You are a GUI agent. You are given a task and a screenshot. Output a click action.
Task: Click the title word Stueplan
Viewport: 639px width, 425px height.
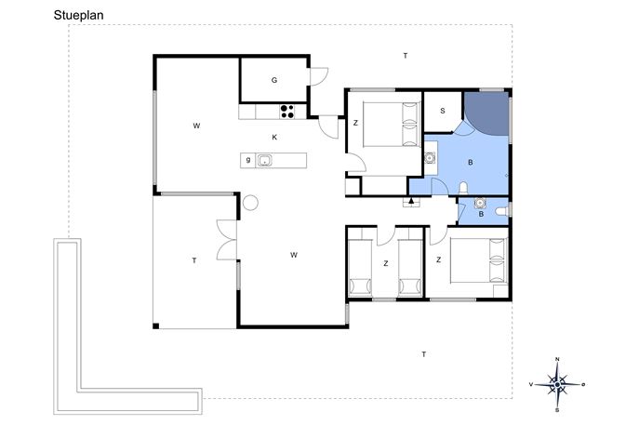click(x=79, y=16)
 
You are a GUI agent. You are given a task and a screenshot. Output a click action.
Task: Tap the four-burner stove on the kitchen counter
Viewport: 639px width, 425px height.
click(x=287, y=112)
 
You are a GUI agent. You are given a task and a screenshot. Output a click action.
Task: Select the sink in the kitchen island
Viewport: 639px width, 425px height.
click(x=264, y=161)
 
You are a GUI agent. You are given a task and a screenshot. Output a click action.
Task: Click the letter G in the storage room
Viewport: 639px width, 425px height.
click(x=274, y=80)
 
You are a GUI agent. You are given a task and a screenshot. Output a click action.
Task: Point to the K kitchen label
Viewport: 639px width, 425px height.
click(x=274, y=138)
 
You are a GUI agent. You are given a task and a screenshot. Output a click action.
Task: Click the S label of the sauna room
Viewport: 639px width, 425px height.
click(x=443, y=111)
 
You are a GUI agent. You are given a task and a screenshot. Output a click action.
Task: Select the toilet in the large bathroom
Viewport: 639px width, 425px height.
click(x=463, y=188)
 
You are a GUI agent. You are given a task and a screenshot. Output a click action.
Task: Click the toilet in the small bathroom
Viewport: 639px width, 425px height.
click(x=502, y=211)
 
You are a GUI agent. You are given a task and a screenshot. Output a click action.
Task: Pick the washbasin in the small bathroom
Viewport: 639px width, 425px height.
click(x=481, y=203)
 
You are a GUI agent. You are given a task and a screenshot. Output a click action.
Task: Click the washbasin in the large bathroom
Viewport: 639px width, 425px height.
click(x=430, y=157)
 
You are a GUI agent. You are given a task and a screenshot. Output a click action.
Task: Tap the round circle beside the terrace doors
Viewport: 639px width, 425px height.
click(x=250, y=203)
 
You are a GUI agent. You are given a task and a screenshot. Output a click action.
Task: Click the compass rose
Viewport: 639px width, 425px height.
click(x=557, y=384)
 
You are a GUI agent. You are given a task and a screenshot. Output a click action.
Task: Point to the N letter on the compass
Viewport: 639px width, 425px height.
click(x=557, y=359)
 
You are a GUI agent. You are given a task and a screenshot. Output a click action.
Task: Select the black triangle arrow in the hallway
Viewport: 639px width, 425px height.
click(x=411, y=200)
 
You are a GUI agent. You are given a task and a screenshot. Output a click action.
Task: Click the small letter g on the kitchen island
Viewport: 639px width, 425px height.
click(x=248, y=160)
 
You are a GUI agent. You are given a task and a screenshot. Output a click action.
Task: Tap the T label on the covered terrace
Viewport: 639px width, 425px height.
click(x=194, y=260)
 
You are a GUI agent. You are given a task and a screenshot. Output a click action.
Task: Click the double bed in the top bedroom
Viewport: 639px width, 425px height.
click(x=392, y=125)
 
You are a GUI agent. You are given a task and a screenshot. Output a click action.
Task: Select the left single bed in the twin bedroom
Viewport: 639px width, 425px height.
click(x=360, y=267)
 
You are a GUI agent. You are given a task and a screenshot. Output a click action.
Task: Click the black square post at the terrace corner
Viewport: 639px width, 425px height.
click(x=155, y=326)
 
